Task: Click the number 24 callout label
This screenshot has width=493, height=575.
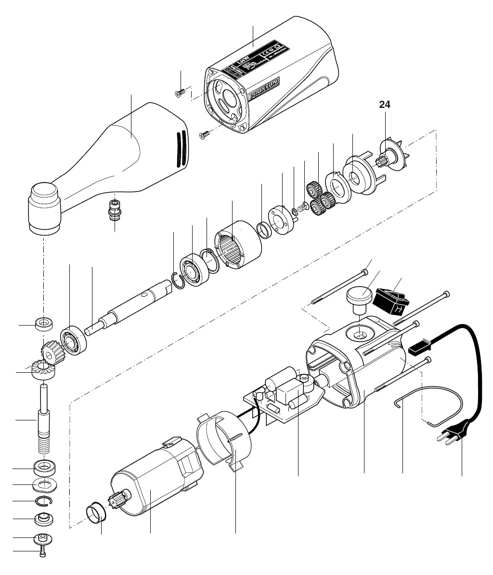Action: tap(385, 104)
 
